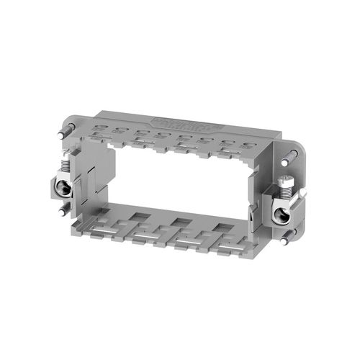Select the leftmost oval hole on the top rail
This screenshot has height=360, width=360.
[x=99, y=130]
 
